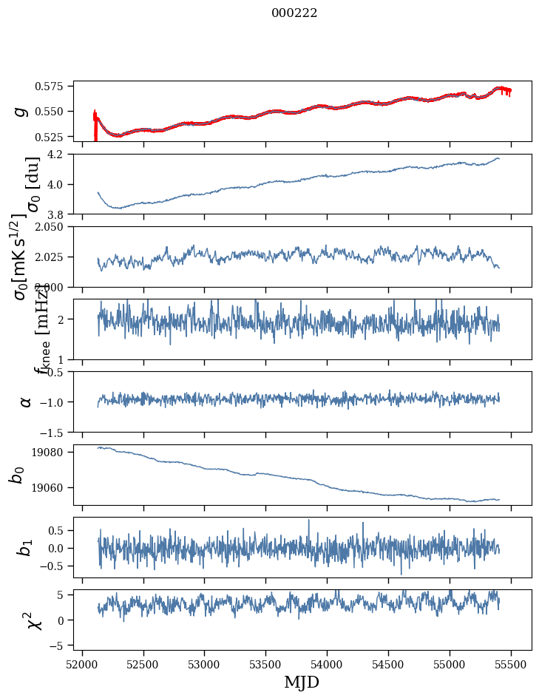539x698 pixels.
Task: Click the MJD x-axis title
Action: [x=302, y=682]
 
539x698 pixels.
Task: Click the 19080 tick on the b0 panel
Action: [x=54, y=452]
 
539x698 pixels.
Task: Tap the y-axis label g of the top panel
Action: [x=22, y=111]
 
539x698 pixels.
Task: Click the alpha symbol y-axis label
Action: [x=26, y=401]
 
